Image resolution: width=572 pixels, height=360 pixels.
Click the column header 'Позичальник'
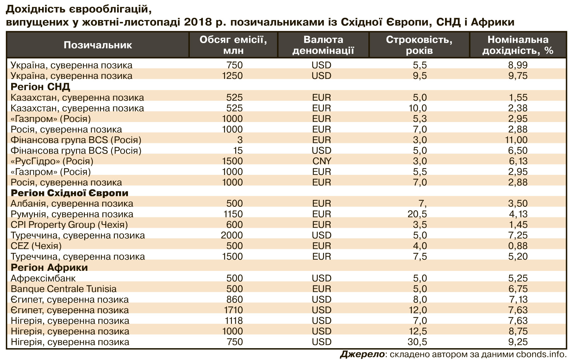(x=98, y=45)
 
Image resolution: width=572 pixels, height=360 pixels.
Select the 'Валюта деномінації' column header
(x=323, y=45)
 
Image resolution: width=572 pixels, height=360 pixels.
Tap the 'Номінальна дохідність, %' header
(x=518, y=45)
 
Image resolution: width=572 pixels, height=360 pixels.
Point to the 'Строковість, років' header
(x=419, y=45)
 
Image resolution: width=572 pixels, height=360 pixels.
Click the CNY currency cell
(x=322, y=161)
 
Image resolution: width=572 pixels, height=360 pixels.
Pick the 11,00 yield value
(x=516, y=140)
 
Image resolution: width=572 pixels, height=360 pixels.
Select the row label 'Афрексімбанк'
(x=43, y=278)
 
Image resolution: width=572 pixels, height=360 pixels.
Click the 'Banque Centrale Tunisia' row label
(x=63, y=289)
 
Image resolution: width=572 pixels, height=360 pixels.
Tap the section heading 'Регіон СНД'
(x=40, y=87)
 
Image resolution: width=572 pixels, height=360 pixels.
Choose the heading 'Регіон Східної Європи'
(x=69, y=193)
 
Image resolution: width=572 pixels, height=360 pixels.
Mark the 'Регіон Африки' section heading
(x=49, y=267)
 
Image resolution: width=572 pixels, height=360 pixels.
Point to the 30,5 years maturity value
(x=417, y=342)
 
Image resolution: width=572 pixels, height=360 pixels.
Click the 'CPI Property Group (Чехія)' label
(x=69, y=225)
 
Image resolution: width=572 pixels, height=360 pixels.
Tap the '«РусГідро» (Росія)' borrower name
(x=52, y=161)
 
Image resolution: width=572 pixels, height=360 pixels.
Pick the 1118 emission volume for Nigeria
(x=232, y=321)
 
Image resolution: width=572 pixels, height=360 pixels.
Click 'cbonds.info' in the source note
(x=542, y=354)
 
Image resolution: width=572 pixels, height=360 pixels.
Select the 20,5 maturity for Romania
(x=417, y=214)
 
